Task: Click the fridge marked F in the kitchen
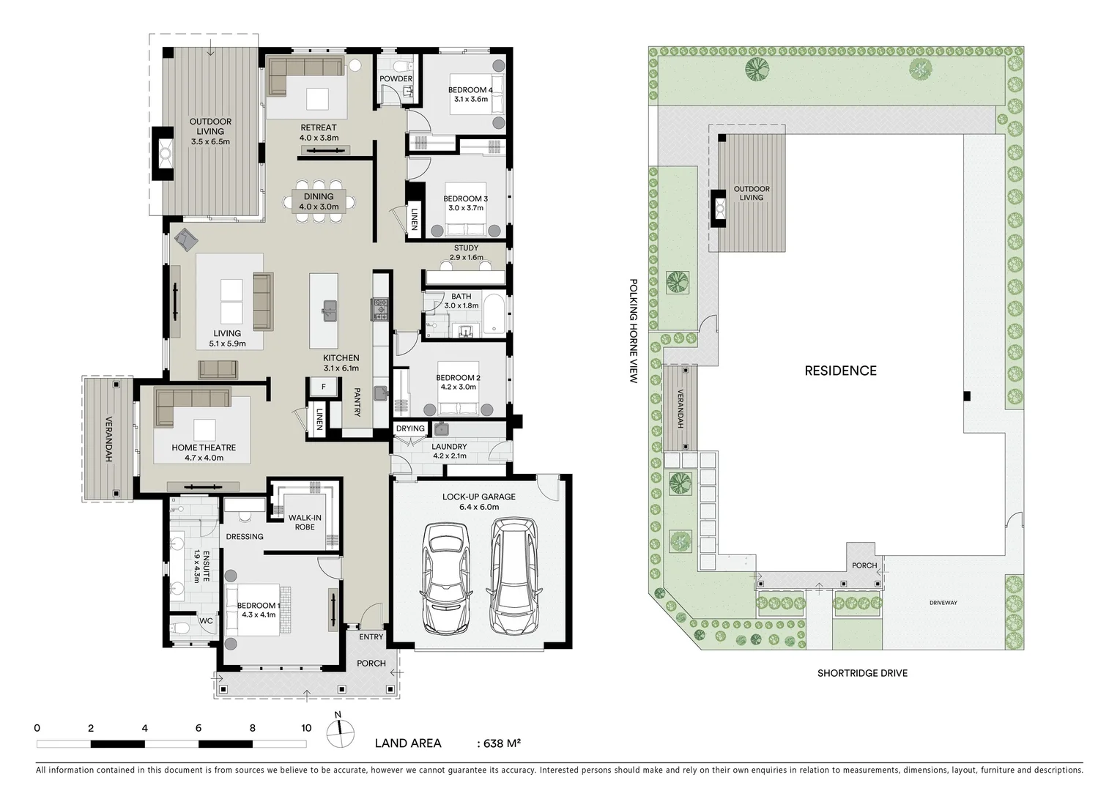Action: click(323, 386)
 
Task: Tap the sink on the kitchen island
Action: click(329, 311)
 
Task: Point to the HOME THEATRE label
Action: click(204, 448)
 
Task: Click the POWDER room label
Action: click(396, 78)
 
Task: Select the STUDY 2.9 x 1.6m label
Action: click(466, 253)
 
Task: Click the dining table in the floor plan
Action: click(319, 200)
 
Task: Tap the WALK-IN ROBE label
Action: click(305, 522)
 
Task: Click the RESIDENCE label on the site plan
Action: click(840, 371)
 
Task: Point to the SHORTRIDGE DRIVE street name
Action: click(862, 673)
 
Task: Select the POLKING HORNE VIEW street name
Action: click(634, 330)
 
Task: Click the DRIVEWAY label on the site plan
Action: click(943, 603)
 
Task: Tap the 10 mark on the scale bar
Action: click(306, 728)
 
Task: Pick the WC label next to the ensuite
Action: click(206, 621)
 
